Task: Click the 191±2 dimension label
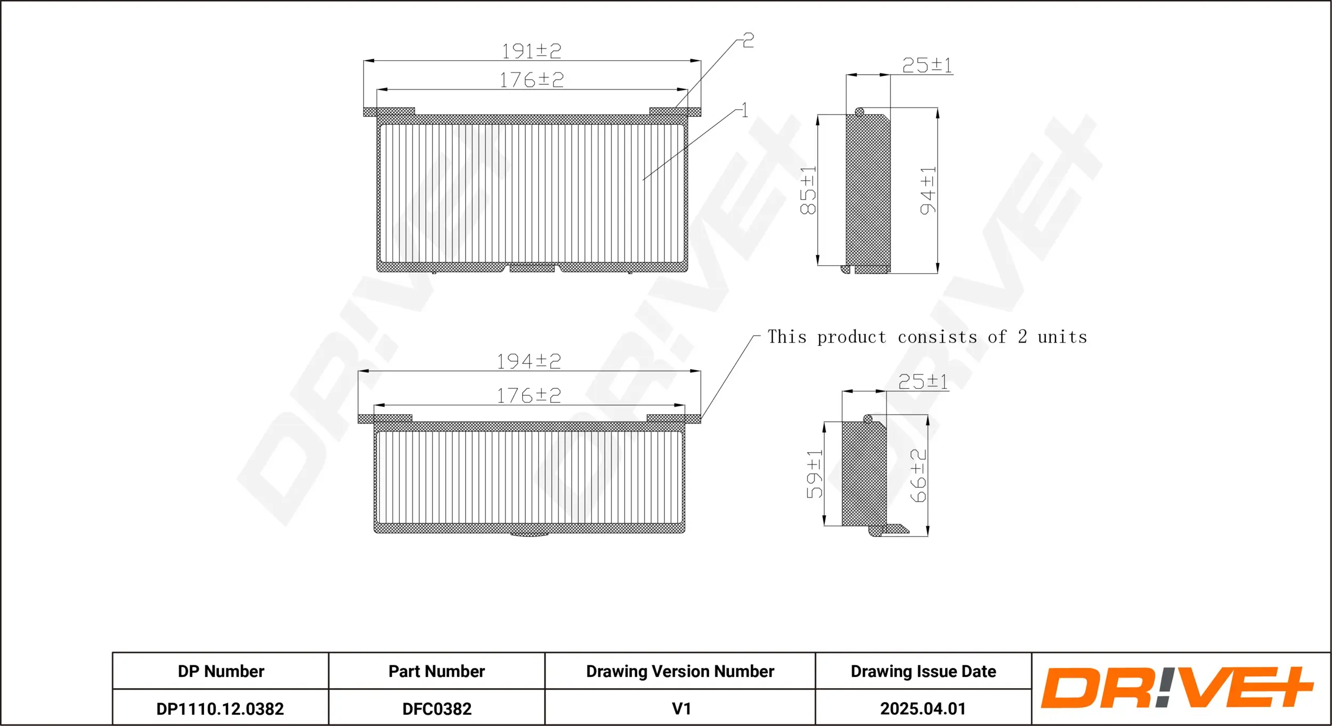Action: (531, 51)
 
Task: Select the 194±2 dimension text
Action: (529, 361)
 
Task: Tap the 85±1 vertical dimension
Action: (808, 190)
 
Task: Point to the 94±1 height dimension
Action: (928, 190)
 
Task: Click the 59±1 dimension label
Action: (814, 474)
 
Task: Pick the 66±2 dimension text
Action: (919, 475)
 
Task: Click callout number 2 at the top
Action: (748, 40)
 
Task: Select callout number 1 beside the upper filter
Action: (744, 110)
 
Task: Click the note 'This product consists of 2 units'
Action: (927, 337)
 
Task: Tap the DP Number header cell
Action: (221, 671)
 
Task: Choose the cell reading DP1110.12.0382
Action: (220, 708)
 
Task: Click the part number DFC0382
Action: (437, 708)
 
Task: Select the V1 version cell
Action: (681, 708)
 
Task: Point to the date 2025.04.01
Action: (923, 708)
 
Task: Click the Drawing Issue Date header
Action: (923, 671)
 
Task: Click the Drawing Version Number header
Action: (680, 671)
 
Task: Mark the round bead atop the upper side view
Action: (859, 112)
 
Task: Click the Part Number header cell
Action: (436, 671)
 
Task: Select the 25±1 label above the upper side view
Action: (927, 66)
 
